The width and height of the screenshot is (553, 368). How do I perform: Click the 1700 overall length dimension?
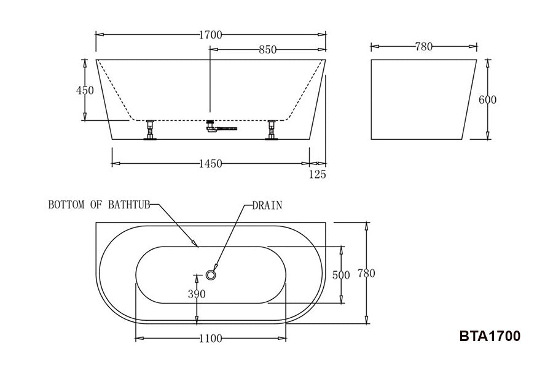click(x=211, y=35)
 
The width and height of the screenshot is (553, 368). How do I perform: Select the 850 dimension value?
click(x=268, y=50)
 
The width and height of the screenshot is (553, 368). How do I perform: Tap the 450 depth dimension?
click(x=85, y=91)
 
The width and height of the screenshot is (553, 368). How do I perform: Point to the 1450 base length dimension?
click(x=211, y=164)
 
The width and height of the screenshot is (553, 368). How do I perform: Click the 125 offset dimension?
click(x=318, y=174)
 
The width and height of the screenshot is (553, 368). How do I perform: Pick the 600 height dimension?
click(x=487, y=100)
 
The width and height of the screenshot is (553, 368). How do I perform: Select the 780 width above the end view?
click(x=423, y=47)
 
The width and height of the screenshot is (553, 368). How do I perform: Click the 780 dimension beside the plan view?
click(x=366, y=274)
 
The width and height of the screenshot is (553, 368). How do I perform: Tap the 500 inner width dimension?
click(x=341, y=275)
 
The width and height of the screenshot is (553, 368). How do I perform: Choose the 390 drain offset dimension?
click(x=197, y=294)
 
